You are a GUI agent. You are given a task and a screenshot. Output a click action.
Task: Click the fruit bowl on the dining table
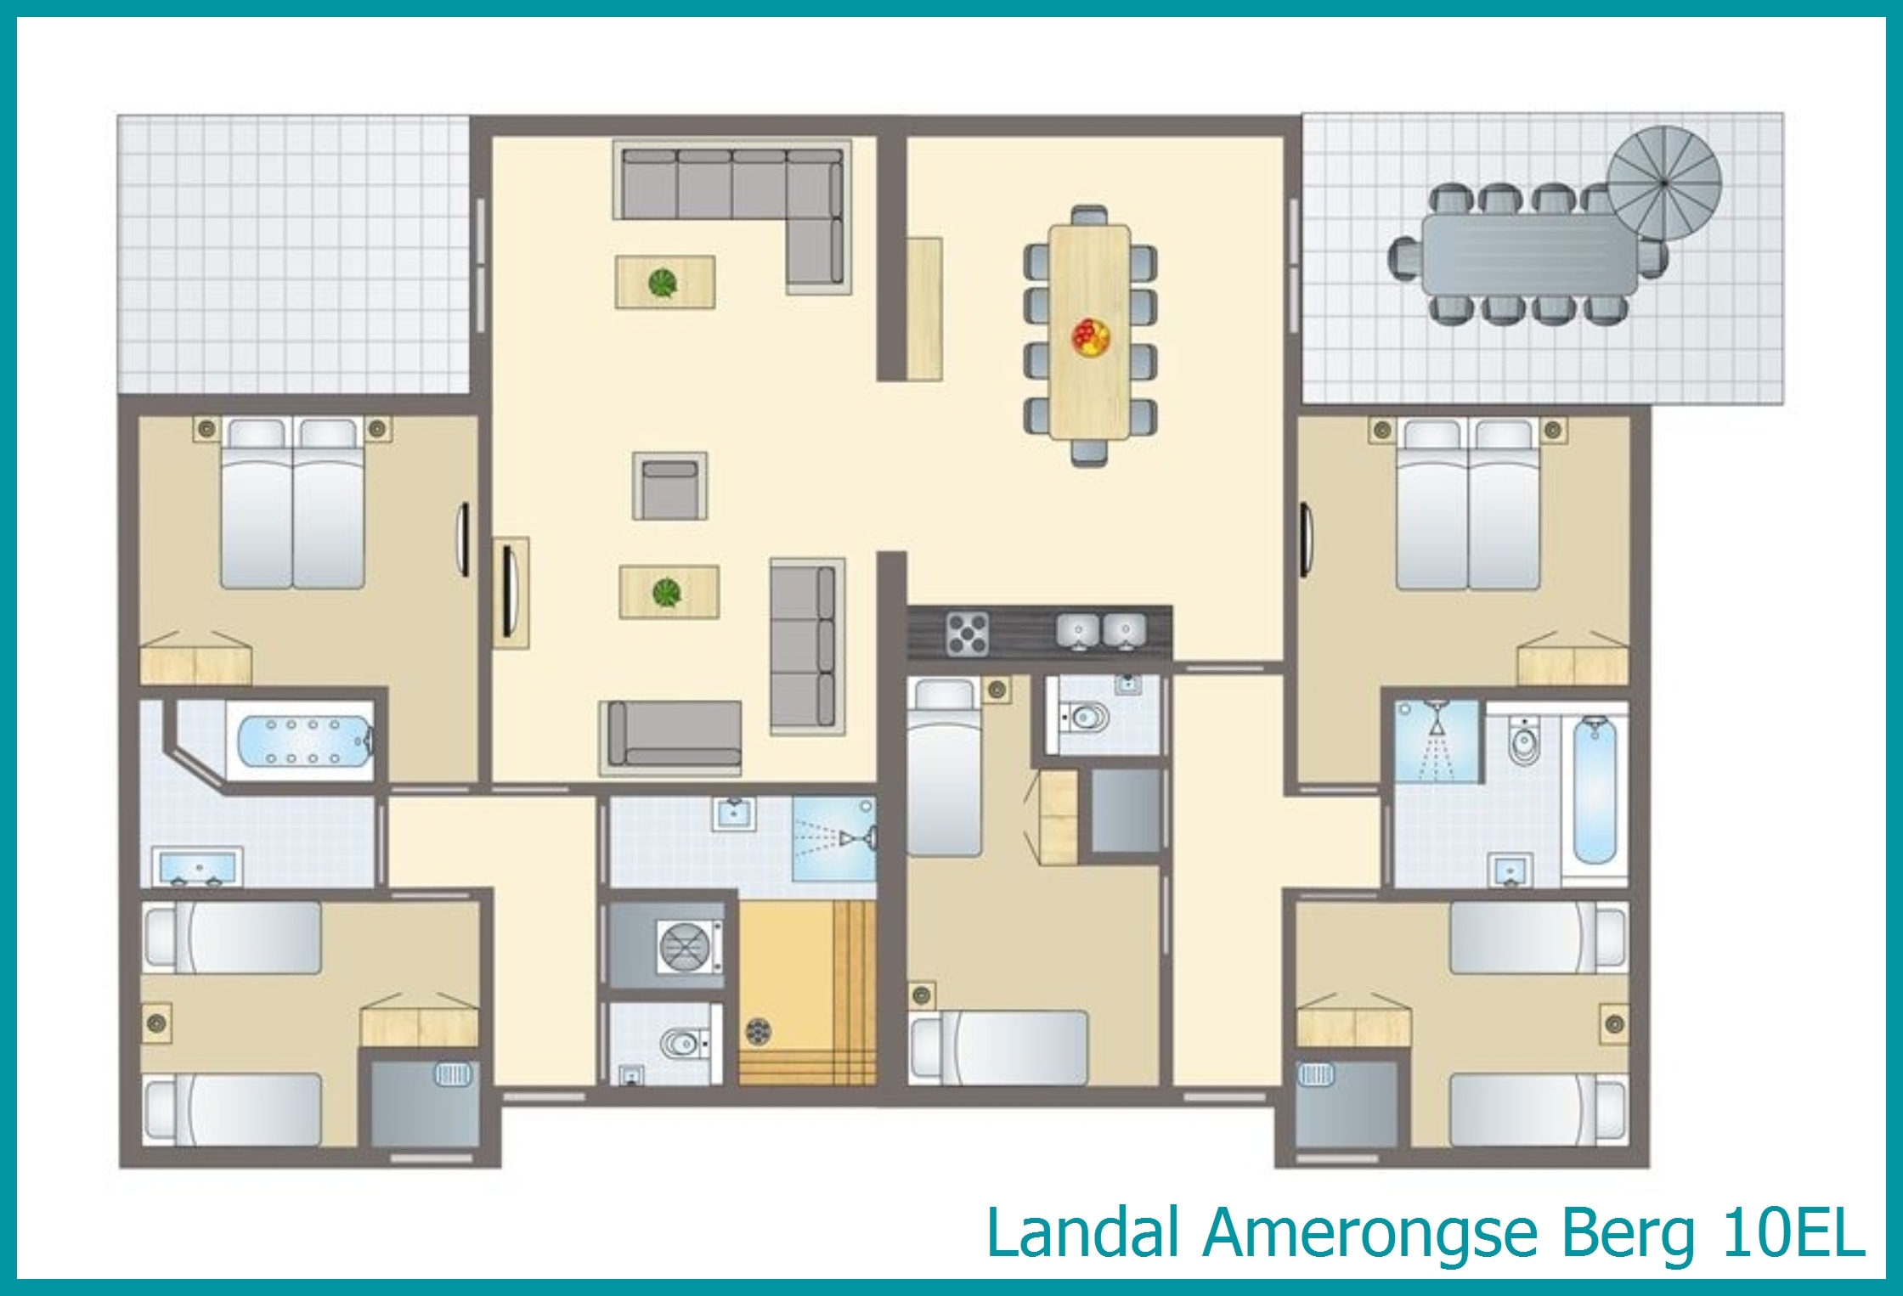tap(1091, 336)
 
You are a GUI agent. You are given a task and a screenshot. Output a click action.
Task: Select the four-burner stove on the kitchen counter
tap(968, 633)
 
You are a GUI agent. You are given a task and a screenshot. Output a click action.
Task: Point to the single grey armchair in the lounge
tap(669, 486)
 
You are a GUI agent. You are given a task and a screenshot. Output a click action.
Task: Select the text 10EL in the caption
tap(1793, 1233)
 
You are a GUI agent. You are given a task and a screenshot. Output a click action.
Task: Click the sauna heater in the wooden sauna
tap(759, 1031)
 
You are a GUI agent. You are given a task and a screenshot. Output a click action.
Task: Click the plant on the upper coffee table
tap(663, 282)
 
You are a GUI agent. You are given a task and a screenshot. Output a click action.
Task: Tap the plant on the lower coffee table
tap(667, 592)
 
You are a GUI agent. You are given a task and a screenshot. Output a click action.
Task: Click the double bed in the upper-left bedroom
tap(292, 503)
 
